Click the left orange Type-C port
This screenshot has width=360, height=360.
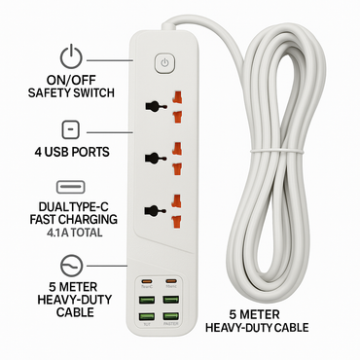146,276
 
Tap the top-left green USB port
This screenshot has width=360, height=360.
146,296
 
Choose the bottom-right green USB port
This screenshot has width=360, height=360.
170,316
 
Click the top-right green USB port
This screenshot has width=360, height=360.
170,296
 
